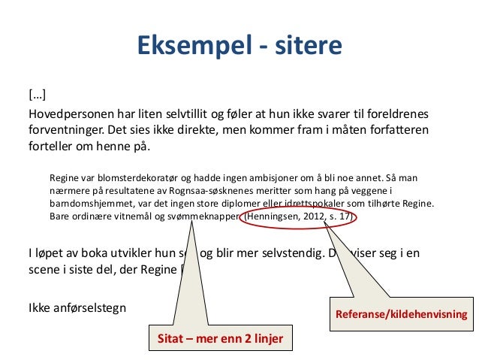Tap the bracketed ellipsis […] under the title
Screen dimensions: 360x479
[x=37, y=95]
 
